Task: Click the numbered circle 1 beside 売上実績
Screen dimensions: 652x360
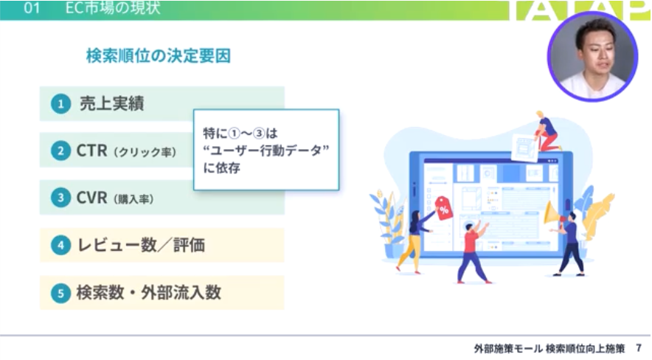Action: (60, 103)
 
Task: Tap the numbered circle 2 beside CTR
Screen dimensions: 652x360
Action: (60, 150)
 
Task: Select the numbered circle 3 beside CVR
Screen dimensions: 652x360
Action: (60, 198)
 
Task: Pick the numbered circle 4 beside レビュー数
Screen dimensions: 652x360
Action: (60, 245)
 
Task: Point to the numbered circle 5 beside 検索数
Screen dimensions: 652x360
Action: (60, 293)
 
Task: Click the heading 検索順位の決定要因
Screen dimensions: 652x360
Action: (159, 56)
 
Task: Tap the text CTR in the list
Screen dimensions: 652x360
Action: (92, 150)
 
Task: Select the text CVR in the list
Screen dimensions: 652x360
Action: (92, 198)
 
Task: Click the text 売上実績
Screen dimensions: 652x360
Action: (111, 103)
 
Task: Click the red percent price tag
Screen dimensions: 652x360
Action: (444, 208)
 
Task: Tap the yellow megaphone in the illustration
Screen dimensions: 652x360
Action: (553, 213)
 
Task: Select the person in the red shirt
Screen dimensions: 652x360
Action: (474, 252)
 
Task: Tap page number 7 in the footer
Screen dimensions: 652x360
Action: (639, 347)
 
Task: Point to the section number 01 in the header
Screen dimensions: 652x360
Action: (32, 8)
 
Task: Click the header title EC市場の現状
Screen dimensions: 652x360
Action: (113, 8)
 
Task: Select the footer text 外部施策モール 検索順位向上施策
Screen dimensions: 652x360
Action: (549, 348)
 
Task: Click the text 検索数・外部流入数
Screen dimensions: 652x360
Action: (149, 293)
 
